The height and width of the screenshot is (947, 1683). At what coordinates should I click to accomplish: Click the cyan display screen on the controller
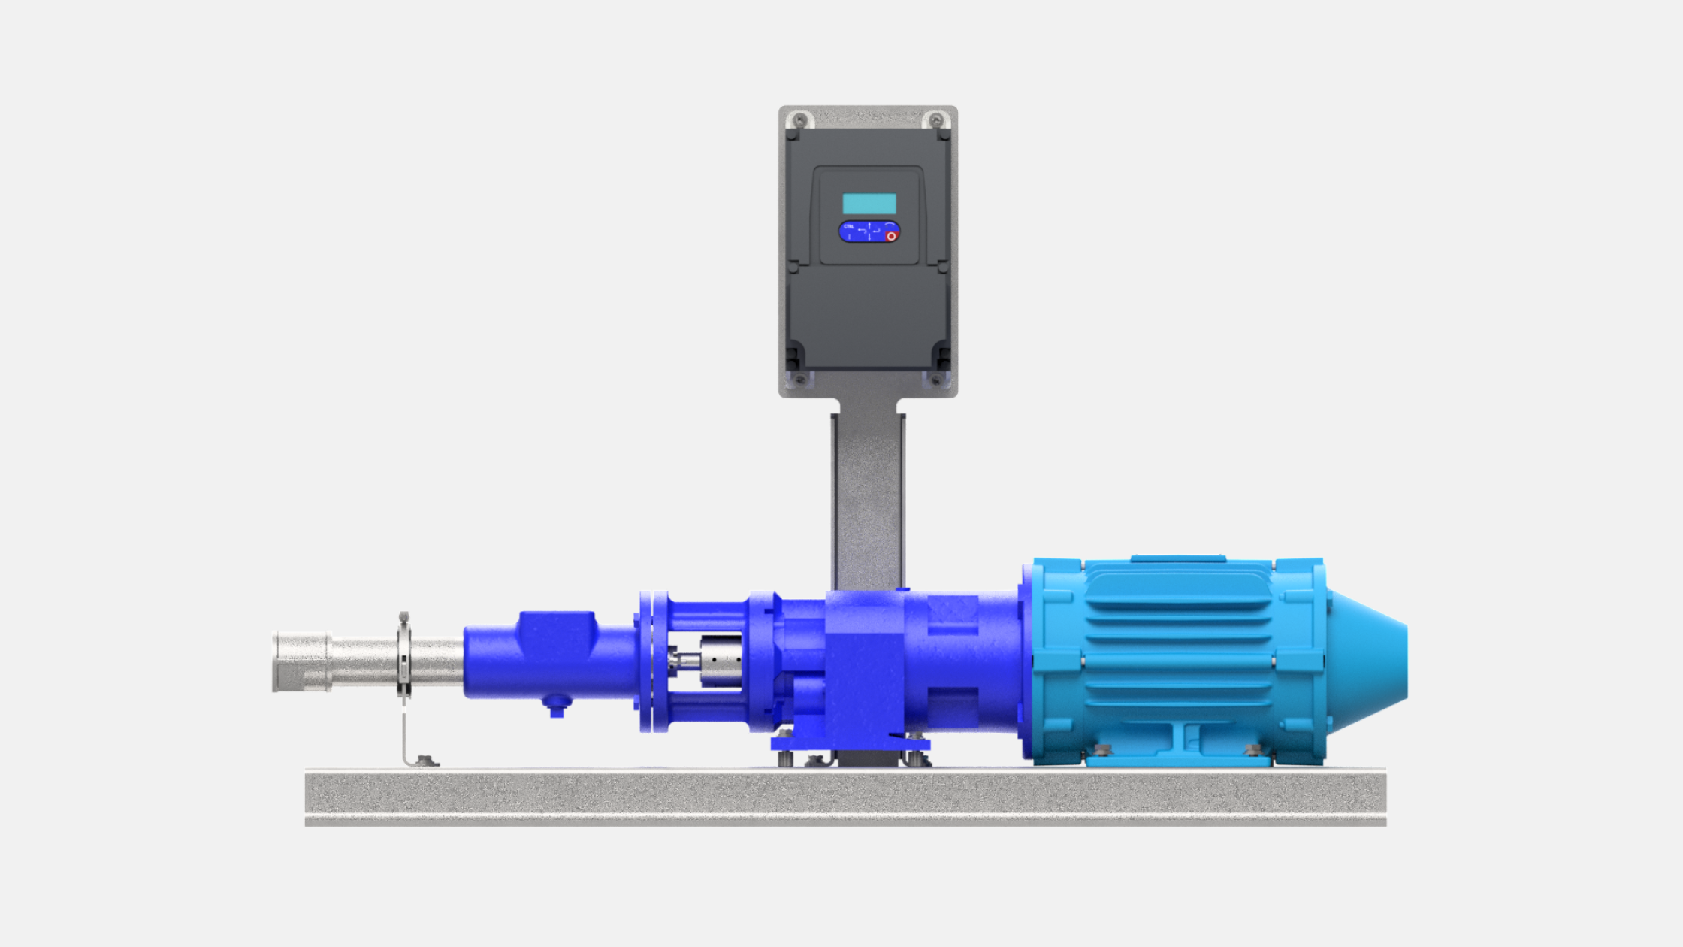[869, 204]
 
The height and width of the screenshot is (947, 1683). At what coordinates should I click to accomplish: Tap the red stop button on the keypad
[891, 236]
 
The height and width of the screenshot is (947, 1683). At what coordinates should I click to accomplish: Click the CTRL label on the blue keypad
[848, 226]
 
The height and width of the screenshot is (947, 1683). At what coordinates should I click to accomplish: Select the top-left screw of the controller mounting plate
[800, 120]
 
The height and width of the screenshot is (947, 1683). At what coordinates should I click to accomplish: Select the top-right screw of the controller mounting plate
[936, 120]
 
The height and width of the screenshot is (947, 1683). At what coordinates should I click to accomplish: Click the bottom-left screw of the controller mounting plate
[800, 380]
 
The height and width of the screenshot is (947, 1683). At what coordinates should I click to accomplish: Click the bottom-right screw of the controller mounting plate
[936, 380]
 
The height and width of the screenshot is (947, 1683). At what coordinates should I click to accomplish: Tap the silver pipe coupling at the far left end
[301, 662]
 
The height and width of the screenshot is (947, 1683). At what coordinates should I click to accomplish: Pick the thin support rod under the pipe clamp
[405, 733]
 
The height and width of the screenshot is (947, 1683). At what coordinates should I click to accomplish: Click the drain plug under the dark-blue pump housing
[557, 706]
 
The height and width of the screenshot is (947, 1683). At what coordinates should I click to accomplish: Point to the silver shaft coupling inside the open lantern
[720, 660]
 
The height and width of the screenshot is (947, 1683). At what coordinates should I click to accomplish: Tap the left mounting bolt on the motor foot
[1103, 750]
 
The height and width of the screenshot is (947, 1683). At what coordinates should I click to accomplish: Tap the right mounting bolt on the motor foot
[1252, 750]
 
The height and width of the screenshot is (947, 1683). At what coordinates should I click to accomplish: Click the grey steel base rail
[845, 797]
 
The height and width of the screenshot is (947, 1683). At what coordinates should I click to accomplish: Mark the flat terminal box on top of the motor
[1177, 558]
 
